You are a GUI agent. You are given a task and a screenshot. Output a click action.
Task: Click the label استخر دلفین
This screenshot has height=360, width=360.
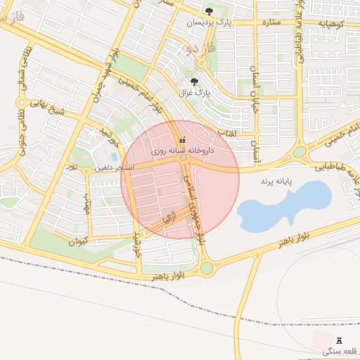point(108,169)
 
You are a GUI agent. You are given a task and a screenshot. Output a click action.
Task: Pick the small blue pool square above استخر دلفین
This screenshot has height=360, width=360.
point(114,156)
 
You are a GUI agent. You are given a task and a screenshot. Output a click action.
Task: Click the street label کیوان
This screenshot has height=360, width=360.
point(79,242)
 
